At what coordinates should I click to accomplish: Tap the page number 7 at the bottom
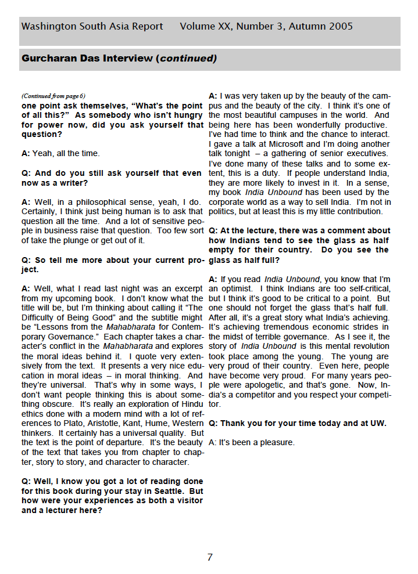pyautogui.click(x=210, y=557)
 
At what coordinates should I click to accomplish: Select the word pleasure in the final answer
pyautogui.click(x=278, y=442)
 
